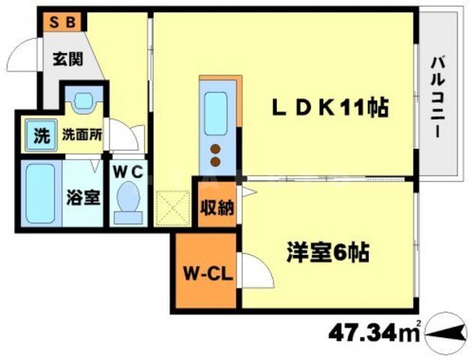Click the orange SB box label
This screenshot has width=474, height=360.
pos(62,22)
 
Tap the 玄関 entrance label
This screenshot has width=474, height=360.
pos(67,58)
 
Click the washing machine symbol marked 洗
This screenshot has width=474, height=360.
pos(41,136)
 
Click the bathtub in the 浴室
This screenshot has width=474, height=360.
pos(40,194)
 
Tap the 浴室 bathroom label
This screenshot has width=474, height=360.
pos(82,198)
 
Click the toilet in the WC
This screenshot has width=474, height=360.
pos(128,203)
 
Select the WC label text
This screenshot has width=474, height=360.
pos(127,172)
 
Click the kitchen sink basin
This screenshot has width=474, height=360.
pos(215,114)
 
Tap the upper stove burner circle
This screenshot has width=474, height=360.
pos(215,149)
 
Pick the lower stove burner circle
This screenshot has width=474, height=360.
pos(215,162)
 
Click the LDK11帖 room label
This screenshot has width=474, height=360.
pos(331,108)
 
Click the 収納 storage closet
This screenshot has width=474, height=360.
pos(217,204)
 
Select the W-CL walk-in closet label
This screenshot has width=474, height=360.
pos(208,274)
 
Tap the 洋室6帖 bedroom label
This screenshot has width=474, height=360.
pos(328,253)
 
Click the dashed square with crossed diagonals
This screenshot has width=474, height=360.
pos(172,208)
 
